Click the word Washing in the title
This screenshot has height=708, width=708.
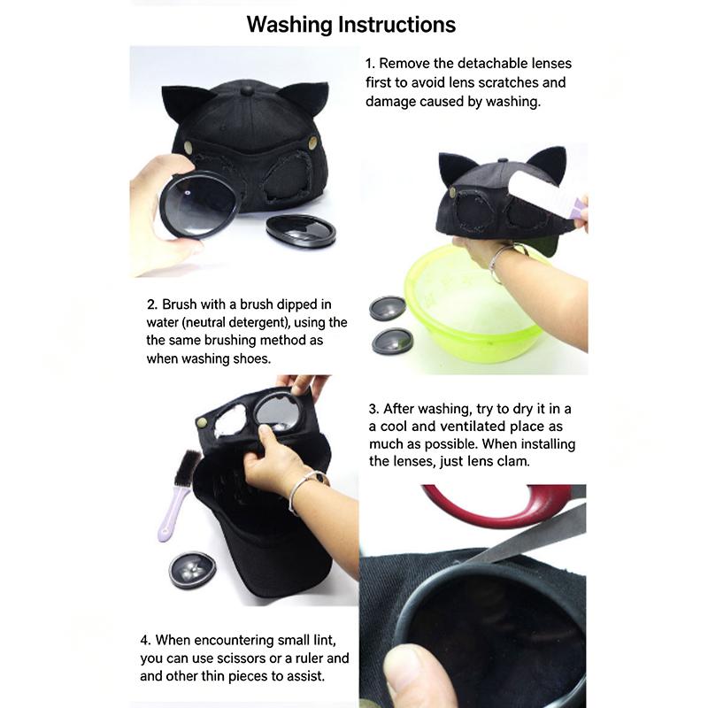coord(289,26)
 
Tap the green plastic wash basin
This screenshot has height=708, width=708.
coord(473,304)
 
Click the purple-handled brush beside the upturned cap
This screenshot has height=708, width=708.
coord(178,495)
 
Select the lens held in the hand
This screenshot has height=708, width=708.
coord(199,206)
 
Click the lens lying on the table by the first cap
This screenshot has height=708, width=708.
coord(301,230)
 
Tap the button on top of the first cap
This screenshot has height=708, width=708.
coord(247,91)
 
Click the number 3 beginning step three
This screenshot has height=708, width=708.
coord(372,409)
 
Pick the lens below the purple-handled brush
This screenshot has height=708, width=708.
coord(192,570)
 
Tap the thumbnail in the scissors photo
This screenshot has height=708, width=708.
coord(406,665)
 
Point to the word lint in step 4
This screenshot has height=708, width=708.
coord(324,640)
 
